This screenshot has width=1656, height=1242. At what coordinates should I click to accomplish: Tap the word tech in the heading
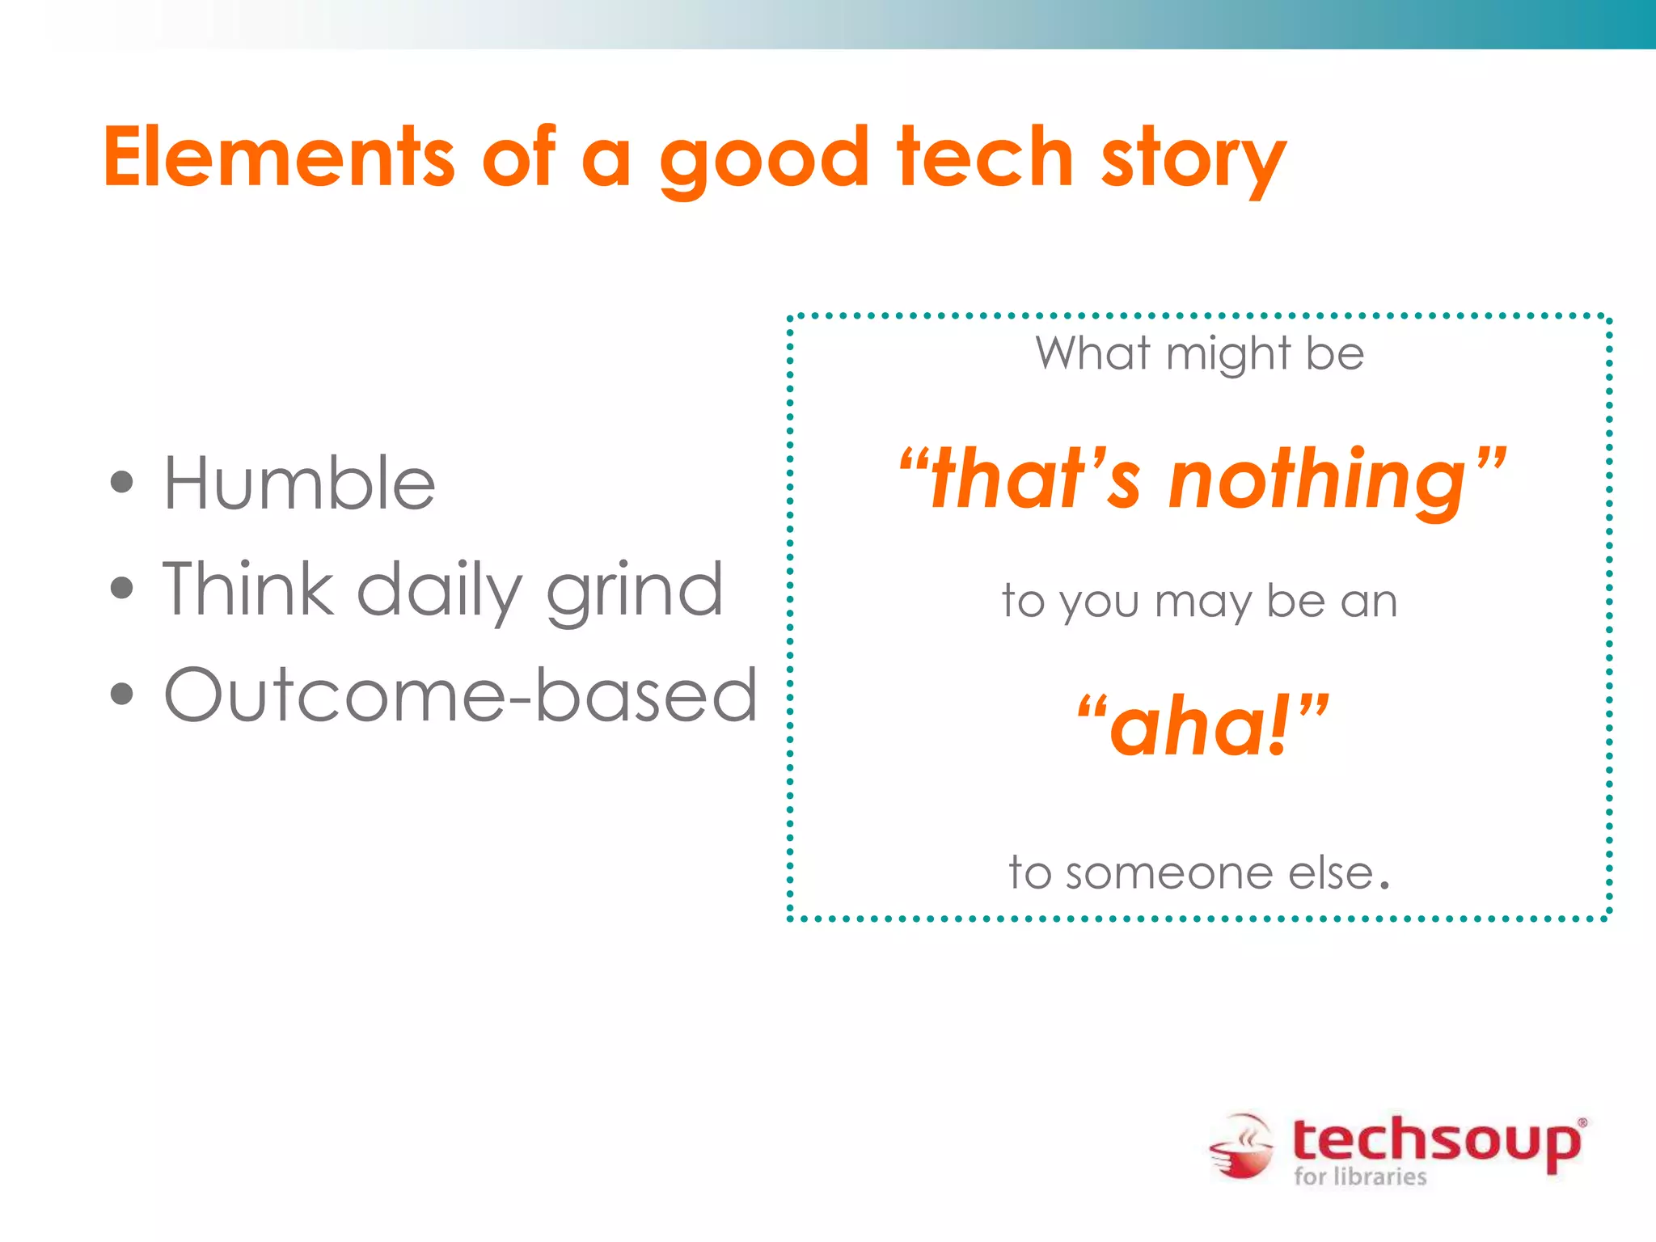tap(985, 158)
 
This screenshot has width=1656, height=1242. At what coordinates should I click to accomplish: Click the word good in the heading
tap(763, 162)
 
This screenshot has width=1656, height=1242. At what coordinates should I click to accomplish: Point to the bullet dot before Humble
tap(121, 483)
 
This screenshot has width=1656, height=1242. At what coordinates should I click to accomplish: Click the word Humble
tap(299, 483)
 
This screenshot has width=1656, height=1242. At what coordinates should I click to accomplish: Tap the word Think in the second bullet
tap(247, 589)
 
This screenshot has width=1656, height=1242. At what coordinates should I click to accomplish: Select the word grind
tap(635, 593)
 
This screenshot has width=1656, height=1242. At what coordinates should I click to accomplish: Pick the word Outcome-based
tap(460, 695)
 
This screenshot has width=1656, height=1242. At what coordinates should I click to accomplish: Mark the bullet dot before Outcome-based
tap(121, 694)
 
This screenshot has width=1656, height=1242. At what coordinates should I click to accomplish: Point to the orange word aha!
tap(1201, 726)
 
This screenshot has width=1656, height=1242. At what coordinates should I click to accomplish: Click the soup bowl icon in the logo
tap(1241, 1147)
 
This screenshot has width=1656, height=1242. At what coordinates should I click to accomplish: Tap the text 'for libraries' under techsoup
tap(1360, 1176)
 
